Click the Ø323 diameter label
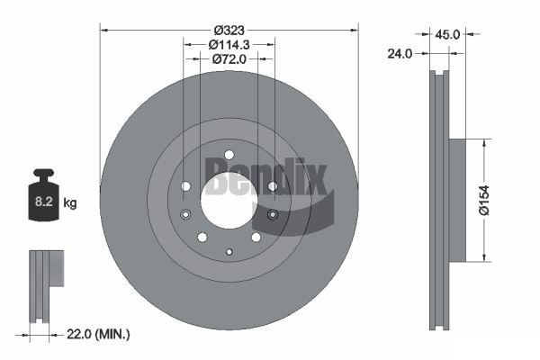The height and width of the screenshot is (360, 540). pos(229,31)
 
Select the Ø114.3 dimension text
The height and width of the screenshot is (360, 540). pos(229,45)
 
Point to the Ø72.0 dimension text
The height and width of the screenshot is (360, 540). pos(229,59)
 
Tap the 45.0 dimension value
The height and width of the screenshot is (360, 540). pos(447,34)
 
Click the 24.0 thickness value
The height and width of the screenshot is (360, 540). pos(400,54)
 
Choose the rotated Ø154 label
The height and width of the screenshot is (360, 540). pos(484,201)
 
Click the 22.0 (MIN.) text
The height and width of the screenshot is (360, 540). pos(98,334)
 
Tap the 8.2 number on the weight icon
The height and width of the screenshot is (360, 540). pos(44,202)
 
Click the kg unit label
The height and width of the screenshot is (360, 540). pos(70,202)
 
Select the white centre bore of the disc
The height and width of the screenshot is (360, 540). pos(229,201)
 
